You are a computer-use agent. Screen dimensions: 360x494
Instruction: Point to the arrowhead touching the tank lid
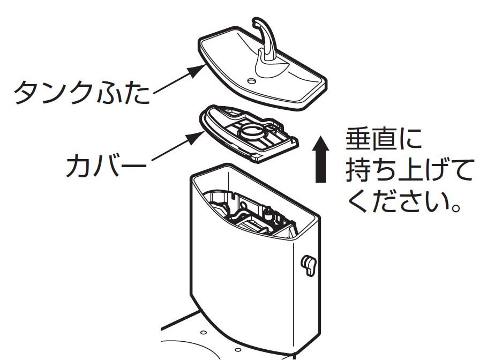point(199,69)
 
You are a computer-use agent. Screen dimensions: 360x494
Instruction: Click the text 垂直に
point(384,141)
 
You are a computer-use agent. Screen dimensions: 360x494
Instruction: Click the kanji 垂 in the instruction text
point(360,141)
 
